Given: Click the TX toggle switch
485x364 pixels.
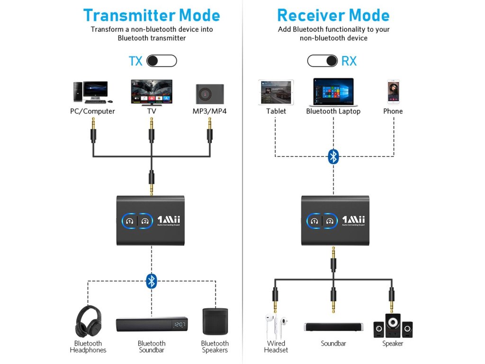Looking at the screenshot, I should [x=162, y=61].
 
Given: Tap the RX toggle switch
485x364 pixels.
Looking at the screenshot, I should [x=322, y=61].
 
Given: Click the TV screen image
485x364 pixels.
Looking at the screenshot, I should [x=152, y=92].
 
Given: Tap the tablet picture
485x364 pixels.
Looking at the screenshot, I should [x=276, y=92].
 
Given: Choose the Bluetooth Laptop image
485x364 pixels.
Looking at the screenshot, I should [x=333, y=92].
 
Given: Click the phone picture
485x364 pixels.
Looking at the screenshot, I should [x=393, y=91].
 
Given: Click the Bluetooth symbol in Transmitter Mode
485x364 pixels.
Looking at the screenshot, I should [x=151, y=281].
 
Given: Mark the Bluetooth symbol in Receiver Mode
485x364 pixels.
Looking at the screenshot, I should [x=333, y=156].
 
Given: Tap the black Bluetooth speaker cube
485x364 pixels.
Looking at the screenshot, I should [x=215, y=322].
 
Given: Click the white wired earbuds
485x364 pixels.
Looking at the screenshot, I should [x=276, y=326].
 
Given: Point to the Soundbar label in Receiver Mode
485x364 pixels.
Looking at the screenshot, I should [x=333, y=344].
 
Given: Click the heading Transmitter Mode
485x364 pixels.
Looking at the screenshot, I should [x=152, y=15].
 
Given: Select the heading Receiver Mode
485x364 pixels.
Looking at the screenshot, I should [x=333, y=15].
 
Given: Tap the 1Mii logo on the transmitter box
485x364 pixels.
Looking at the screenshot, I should [x=168, y=220].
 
